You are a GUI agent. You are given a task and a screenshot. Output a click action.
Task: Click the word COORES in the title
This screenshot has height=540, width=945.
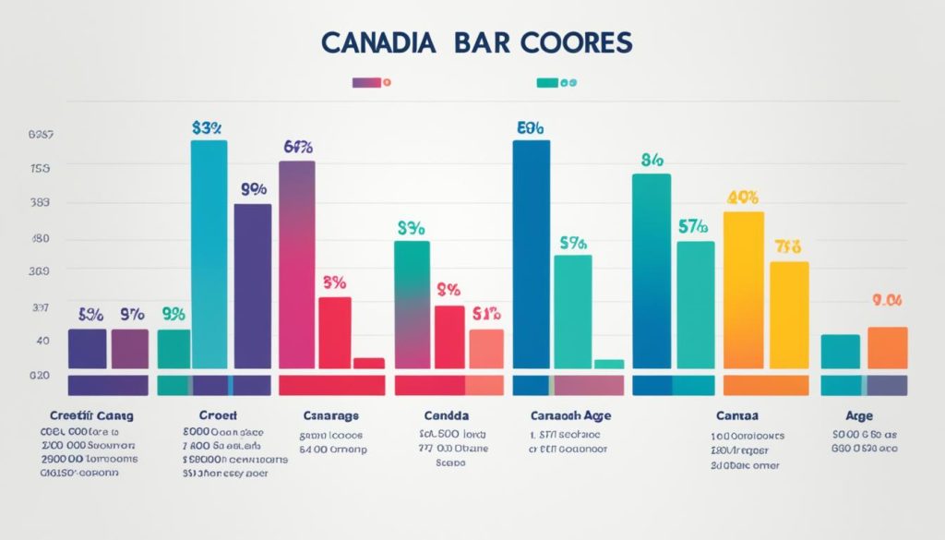(x=572, y=42)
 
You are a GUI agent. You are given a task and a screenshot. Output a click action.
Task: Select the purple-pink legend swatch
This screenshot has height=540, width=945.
(x=365, y=82)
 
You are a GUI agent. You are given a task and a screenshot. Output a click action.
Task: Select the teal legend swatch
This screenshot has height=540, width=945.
(x=547, y=82)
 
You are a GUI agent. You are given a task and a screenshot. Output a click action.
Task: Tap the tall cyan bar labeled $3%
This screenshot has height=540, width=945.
(x=209, y=254)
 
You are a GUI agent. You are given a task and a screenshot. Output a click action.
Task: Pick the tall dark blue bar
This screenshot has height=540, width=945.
(x=531, y=254)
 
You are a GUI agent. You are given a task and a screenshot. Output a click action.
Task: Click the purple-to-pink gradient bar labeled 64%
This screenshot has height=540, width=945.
(x=296, y=264)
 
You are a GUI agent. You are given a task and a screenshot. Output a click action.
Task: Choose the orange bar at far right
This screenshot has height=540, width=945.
(x=888, y=347)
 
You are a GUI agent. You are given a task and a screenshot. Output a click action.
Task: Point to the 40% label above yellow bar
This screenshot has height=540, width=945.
(x=743, y=197)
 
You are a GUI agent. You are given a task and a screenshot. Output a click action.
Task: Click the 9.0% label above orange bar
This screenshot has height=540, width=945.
(x=887, y=300)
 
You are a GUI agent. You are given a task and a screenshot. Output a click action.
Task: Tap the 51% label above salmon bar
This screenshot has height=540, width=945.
(x=485, y=313)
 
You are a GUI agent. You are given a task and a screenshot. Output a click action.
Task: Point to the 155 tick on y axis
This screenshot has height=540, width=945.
(x=41, y=169)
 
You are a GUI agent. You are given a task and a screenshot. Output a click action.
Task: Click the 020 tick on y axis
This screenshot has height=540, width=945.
(x=39, y=376)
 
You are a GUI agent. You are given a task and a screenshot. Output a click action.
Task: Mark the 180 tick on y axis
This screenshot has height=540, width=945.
(x=41, y=238)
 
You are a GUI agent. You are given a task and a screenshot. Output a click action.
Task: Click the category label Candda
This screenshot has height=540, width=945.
(x=447, y=415)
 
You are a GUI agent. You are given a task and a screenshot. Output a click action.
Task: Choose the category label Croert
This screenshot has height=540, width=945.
(x=218, y=415)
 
